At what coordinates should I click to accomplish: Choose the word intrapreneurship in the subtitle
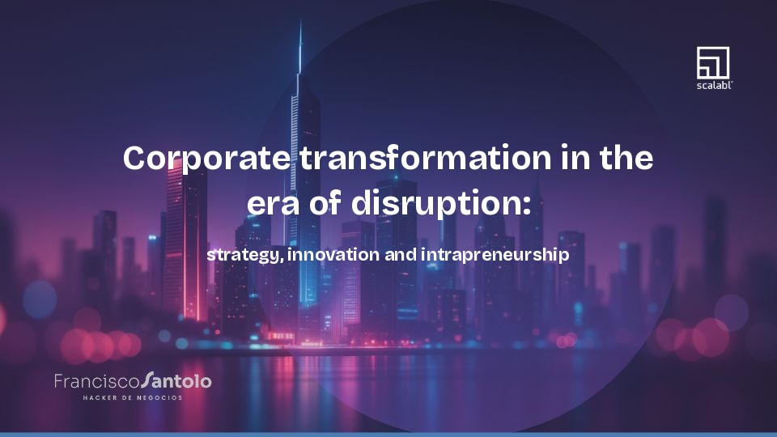click(x=495, y=254)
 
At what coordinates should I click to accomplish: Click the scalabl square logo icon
click(x=713, y=62)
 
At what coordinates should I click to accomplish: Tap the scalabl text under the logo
click(x=713, y=84)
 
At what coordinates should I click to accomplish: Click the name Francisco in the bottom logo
click(x=96, y=380)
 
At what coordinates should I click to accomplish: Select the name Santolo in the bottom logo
click(x=176, y=380)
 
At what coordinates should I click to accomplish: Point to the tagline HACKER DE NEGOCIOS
click(x=133, y=397)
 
